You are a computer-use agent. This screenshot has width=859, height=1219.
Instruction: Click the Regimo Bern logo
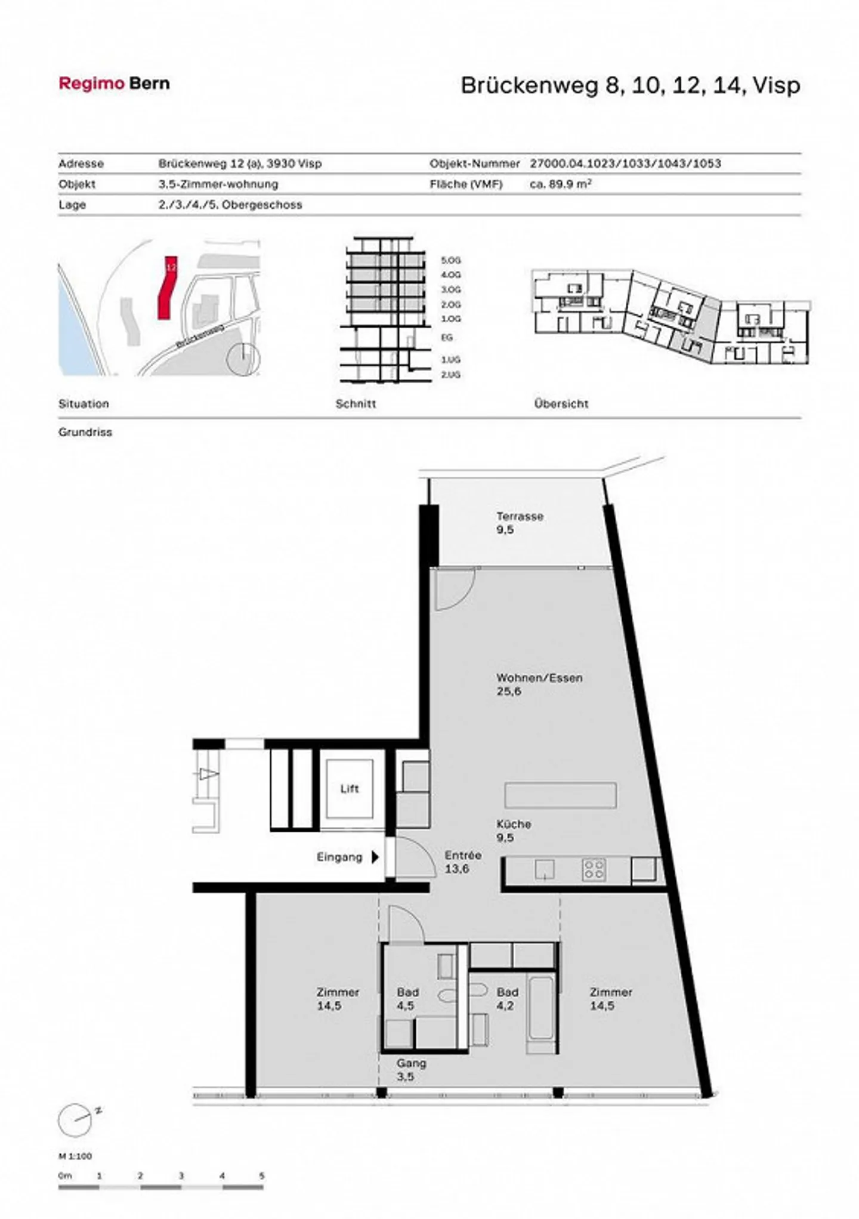pyautogui.click(x=114, y=84)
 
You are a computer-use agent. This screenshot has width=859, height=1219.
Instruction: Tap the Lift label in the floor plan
pyautogui.click(x=350, y=789)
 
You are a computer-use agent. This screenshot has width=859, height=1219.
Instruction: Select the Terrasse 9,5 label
pyautogui.click(x=519, y=523)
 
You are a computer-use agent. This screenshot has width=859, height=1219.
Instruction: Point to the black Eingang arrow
pyautogui.click(x=375, y=857)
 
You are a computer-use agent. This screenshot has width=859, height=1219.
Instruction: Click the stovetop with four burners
pyautogui.click(x=594, y=869)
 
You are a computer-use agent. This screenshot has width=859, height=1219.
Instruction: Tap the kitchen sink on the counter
pyautogui.click(x=545, y=869)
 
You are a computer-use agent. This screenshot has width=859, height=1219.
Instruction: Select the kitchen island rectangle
pyautogui.click(x=560, y=795)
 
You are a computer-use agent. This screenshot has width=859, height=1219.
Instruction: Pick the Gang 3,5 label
pyautogui.click(x=411, y=1070)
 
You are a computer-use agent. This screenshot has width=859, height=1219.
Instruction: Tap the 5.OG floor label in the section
pyautogui.click(x=451, y=261)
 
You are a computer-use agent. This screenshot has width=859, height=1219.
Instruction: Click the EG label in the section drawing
pyautogui.click(x=447, y=338)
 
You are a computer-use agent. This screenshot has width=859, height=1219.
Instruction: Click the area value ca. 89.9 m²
pyautogui.click(x=560, y=184)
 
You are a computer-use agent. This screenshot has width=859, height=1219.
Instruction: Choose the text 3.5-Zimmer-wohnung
pyautogui.click(x=218, y=184)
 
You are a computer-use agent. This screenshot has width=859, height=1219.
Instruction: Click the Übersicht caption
pyautogui.click(x=561, y=404)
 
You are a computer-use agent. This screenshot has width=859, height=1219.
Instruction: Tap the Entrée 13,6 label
pyautogui.click(x=462, y=862)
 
